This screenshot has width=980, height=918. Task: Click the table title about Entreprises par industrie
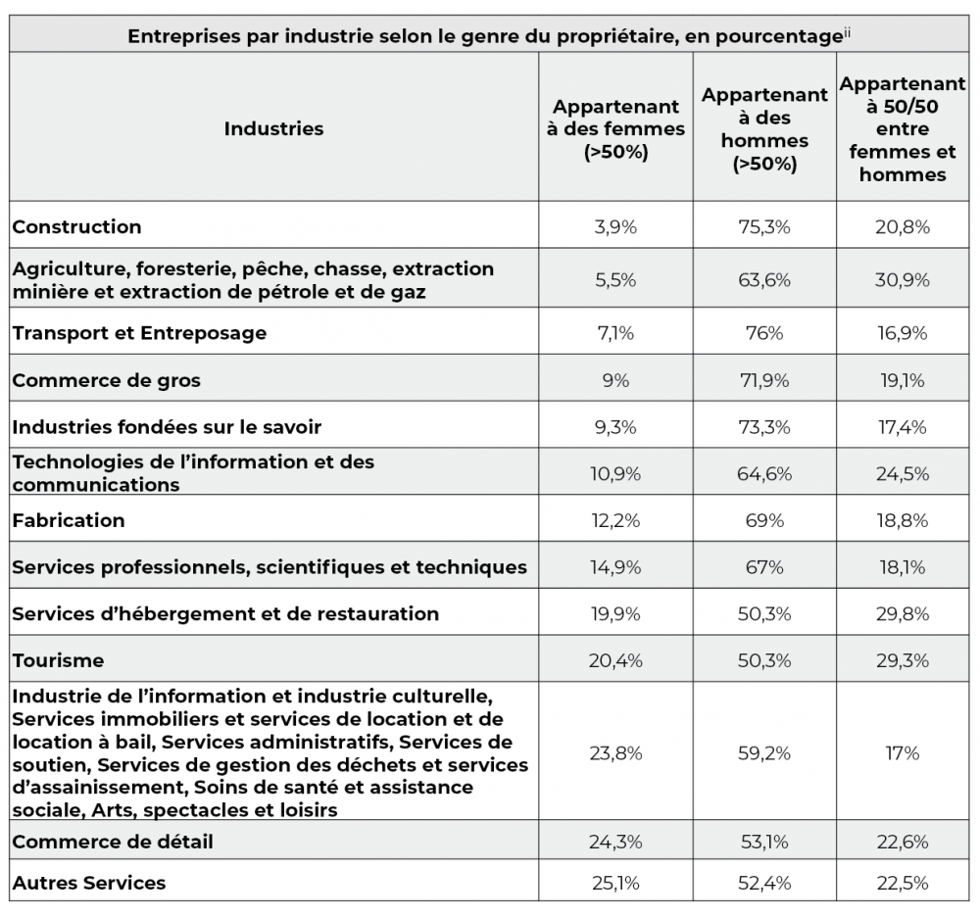[x=485, y=35]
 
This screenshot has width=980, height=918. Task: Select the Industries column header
[x=273, y=128]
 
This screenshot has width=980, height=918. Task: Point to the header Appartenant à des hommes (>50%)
[x=764, y=128]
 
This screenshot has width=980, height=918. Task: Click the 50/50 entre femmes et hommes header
[x=903, y=128]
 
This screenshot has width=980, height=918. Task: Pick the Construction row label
[x=76, y=226]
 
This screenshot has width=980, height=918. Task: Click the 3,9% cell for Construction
[x=615, y=226]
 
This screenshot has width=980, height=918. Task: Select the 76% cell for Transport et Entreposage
[x=764, y=333]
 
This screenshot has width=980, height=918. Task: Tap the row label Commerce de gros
[x=106, y=380]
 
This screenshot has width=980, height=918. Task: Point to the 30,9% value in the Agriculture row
[x=903, y=280]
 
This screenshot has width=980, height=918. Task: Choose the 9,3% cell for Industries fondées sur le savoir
[x=615, y=427]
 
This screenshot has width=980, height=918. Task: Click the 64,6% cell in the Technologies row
[x=764, y=474]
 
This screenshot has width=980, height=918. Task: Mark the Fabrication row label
[x=69, y=520]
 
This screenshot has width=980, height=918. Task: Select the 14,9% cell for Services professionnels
[x=615, y=567]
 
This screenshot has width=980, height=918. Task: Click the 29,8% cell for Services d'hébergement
[x=903, y=614]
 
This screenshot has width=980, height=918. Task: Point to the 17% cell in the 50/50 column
[x=903, y=753]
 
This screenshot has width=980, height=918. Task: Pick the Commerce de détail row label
[x=113, y=842]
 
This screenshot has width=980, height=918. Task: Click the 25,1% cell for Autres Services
[x=615, y=883]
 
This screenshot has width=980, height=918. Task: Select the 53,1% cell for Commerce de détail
[x=764, y=842]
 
